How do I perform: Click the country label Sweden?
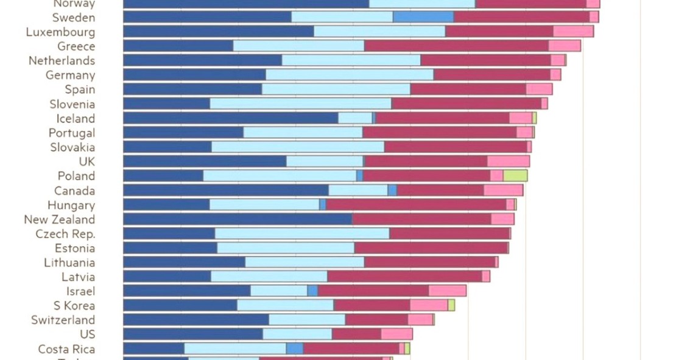click(73, 17)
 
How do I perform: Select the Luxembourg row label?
click(60, 32)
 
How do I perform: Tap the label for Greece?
click(76, 46)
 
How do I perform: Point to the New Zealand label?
click(60, 219)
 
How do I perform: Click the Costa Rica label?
click(66, 349)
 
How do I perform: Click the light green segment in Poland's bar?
click(515, 176)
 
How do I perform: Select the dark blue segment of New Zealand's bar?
click(238, 219)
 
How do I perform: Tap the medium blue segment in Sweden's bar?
click(423, 17)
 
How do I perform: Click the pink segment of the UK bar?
click(508, 161)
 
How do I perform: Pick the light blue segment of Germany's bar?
click(350, 75)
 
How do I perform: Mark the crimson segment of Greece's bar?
click(456, 46)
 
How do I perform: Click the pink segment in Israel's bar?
click(447, 291)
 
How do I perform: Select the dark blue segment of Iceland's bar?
click(230, 118)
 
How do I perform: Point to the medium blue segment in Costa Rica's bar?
click(294, 348)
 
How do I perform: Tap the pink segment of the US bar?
click(396, 334)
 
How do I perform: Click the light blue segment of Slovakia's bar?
click(297, 147)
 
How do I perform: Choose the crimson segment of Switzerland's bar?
click(376, 320)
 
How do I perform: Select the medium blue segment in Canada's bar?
click(392, 191)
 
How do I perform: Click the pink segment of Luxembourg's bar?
click(573, 32)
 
